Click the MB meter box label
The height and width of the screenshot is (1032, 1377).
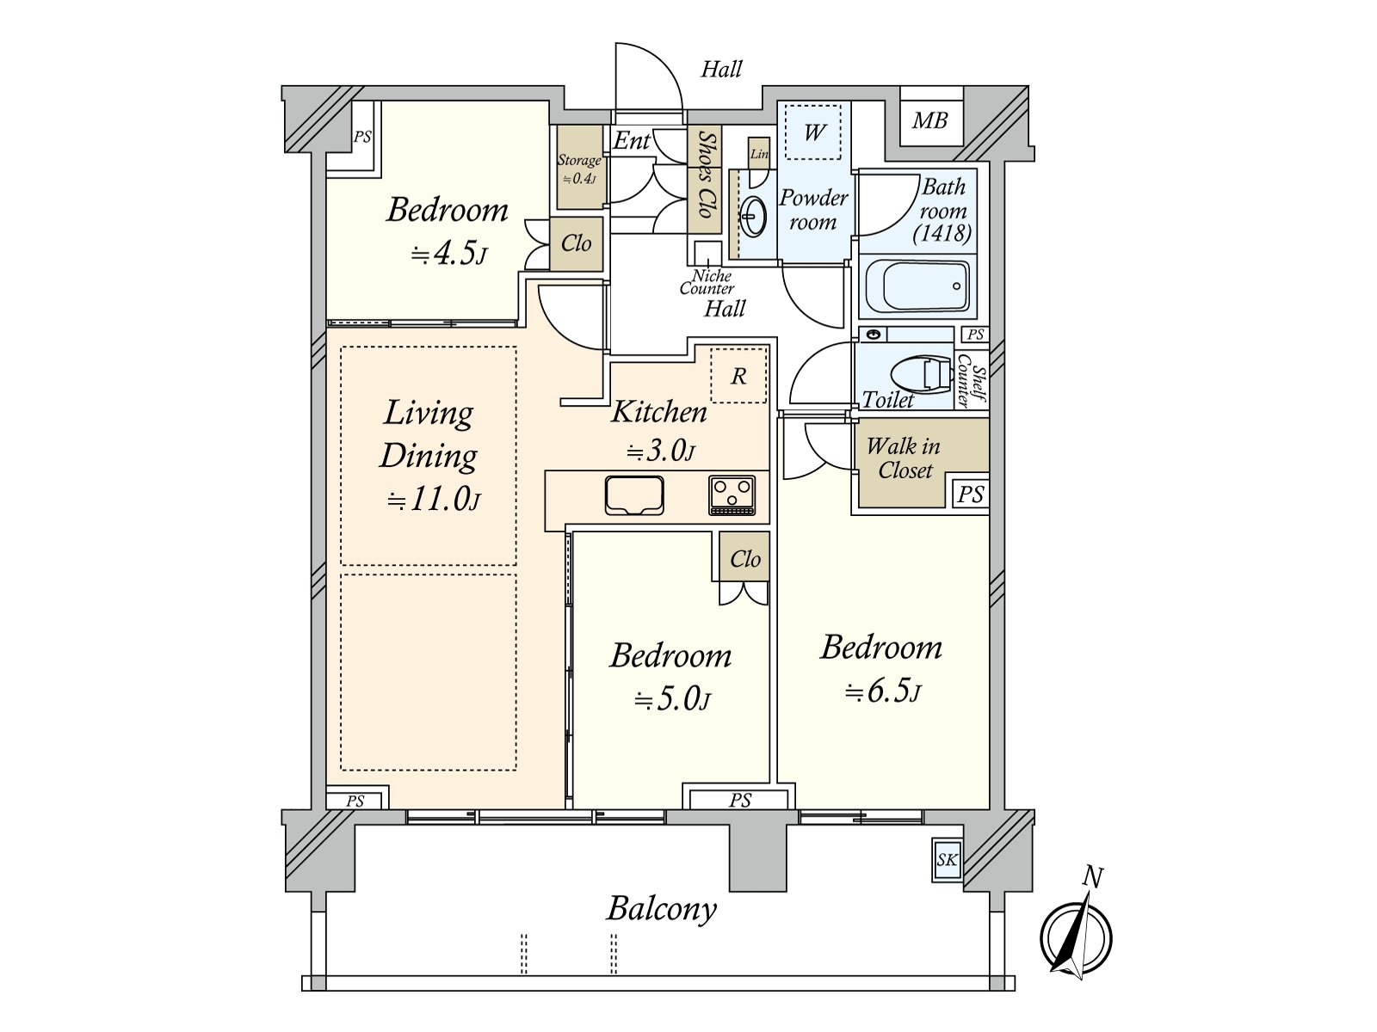(929, 120)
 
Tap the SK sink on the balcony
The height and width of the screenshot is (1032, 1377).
(948, 860)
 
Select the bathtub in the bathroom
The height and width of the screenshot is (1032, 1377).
(917, 286)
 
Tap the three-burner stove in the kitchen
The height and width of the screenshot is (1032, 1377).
(732, 495)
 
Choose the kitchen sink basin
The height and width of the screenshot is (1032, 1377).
(634, 495)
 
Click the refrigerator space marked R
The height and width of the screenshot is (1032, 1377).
(738, 375)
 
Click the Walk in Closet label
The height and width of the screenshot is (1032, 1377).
(904, 458)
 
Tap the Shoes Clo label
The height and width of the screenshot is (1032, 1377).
(705, 175)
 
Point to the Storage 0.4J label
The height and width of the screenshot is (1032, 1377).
(578, 169)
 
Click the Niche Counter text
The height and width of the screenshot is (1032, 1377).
(707, 282)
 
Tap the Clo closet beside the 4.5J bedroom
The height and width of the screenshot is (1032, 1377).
(577, 243)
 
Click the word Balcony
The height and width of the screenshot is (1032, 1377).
(661, 910)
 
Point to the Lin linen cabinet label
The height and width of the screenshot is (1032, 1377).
(759, 154)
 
